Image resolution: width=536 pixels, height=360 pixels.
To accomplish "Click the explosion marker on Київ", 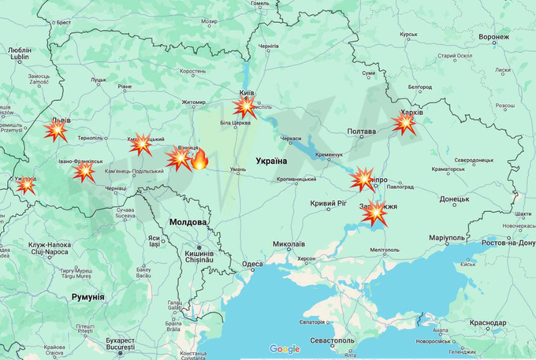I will tap(245, 107).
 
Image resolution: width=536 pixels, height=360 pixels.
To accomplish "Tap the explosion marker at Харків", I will tap(404, 123).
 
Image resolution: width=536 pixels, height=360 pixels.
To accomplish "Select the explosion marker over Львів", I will tap(54, 132).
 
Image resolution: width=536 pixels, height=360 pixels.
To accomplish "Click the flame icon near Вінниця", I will tap(199, 159).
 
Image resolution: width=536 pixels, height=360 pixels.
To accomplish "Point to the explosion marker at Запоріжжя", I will tap(376, 213).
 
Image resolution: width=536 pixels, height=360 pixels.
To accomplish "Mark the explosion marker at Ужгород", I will tap(26, 185).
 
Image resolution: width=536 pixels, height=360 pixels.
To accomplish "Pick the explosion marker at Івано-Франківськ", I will tap(84, 171).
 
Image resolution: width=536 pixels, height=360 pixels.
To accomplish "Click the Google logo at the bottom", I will tap(285, 349).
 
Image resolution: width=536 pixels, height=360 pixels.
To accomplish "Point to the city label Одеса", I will tap(253, 264).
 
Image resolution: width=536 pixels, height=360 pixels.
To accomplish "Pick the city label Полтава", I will tap(361, 132).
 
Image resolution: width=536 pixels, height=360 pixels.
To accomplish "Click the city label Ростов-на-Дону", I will tap(504, 243).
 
